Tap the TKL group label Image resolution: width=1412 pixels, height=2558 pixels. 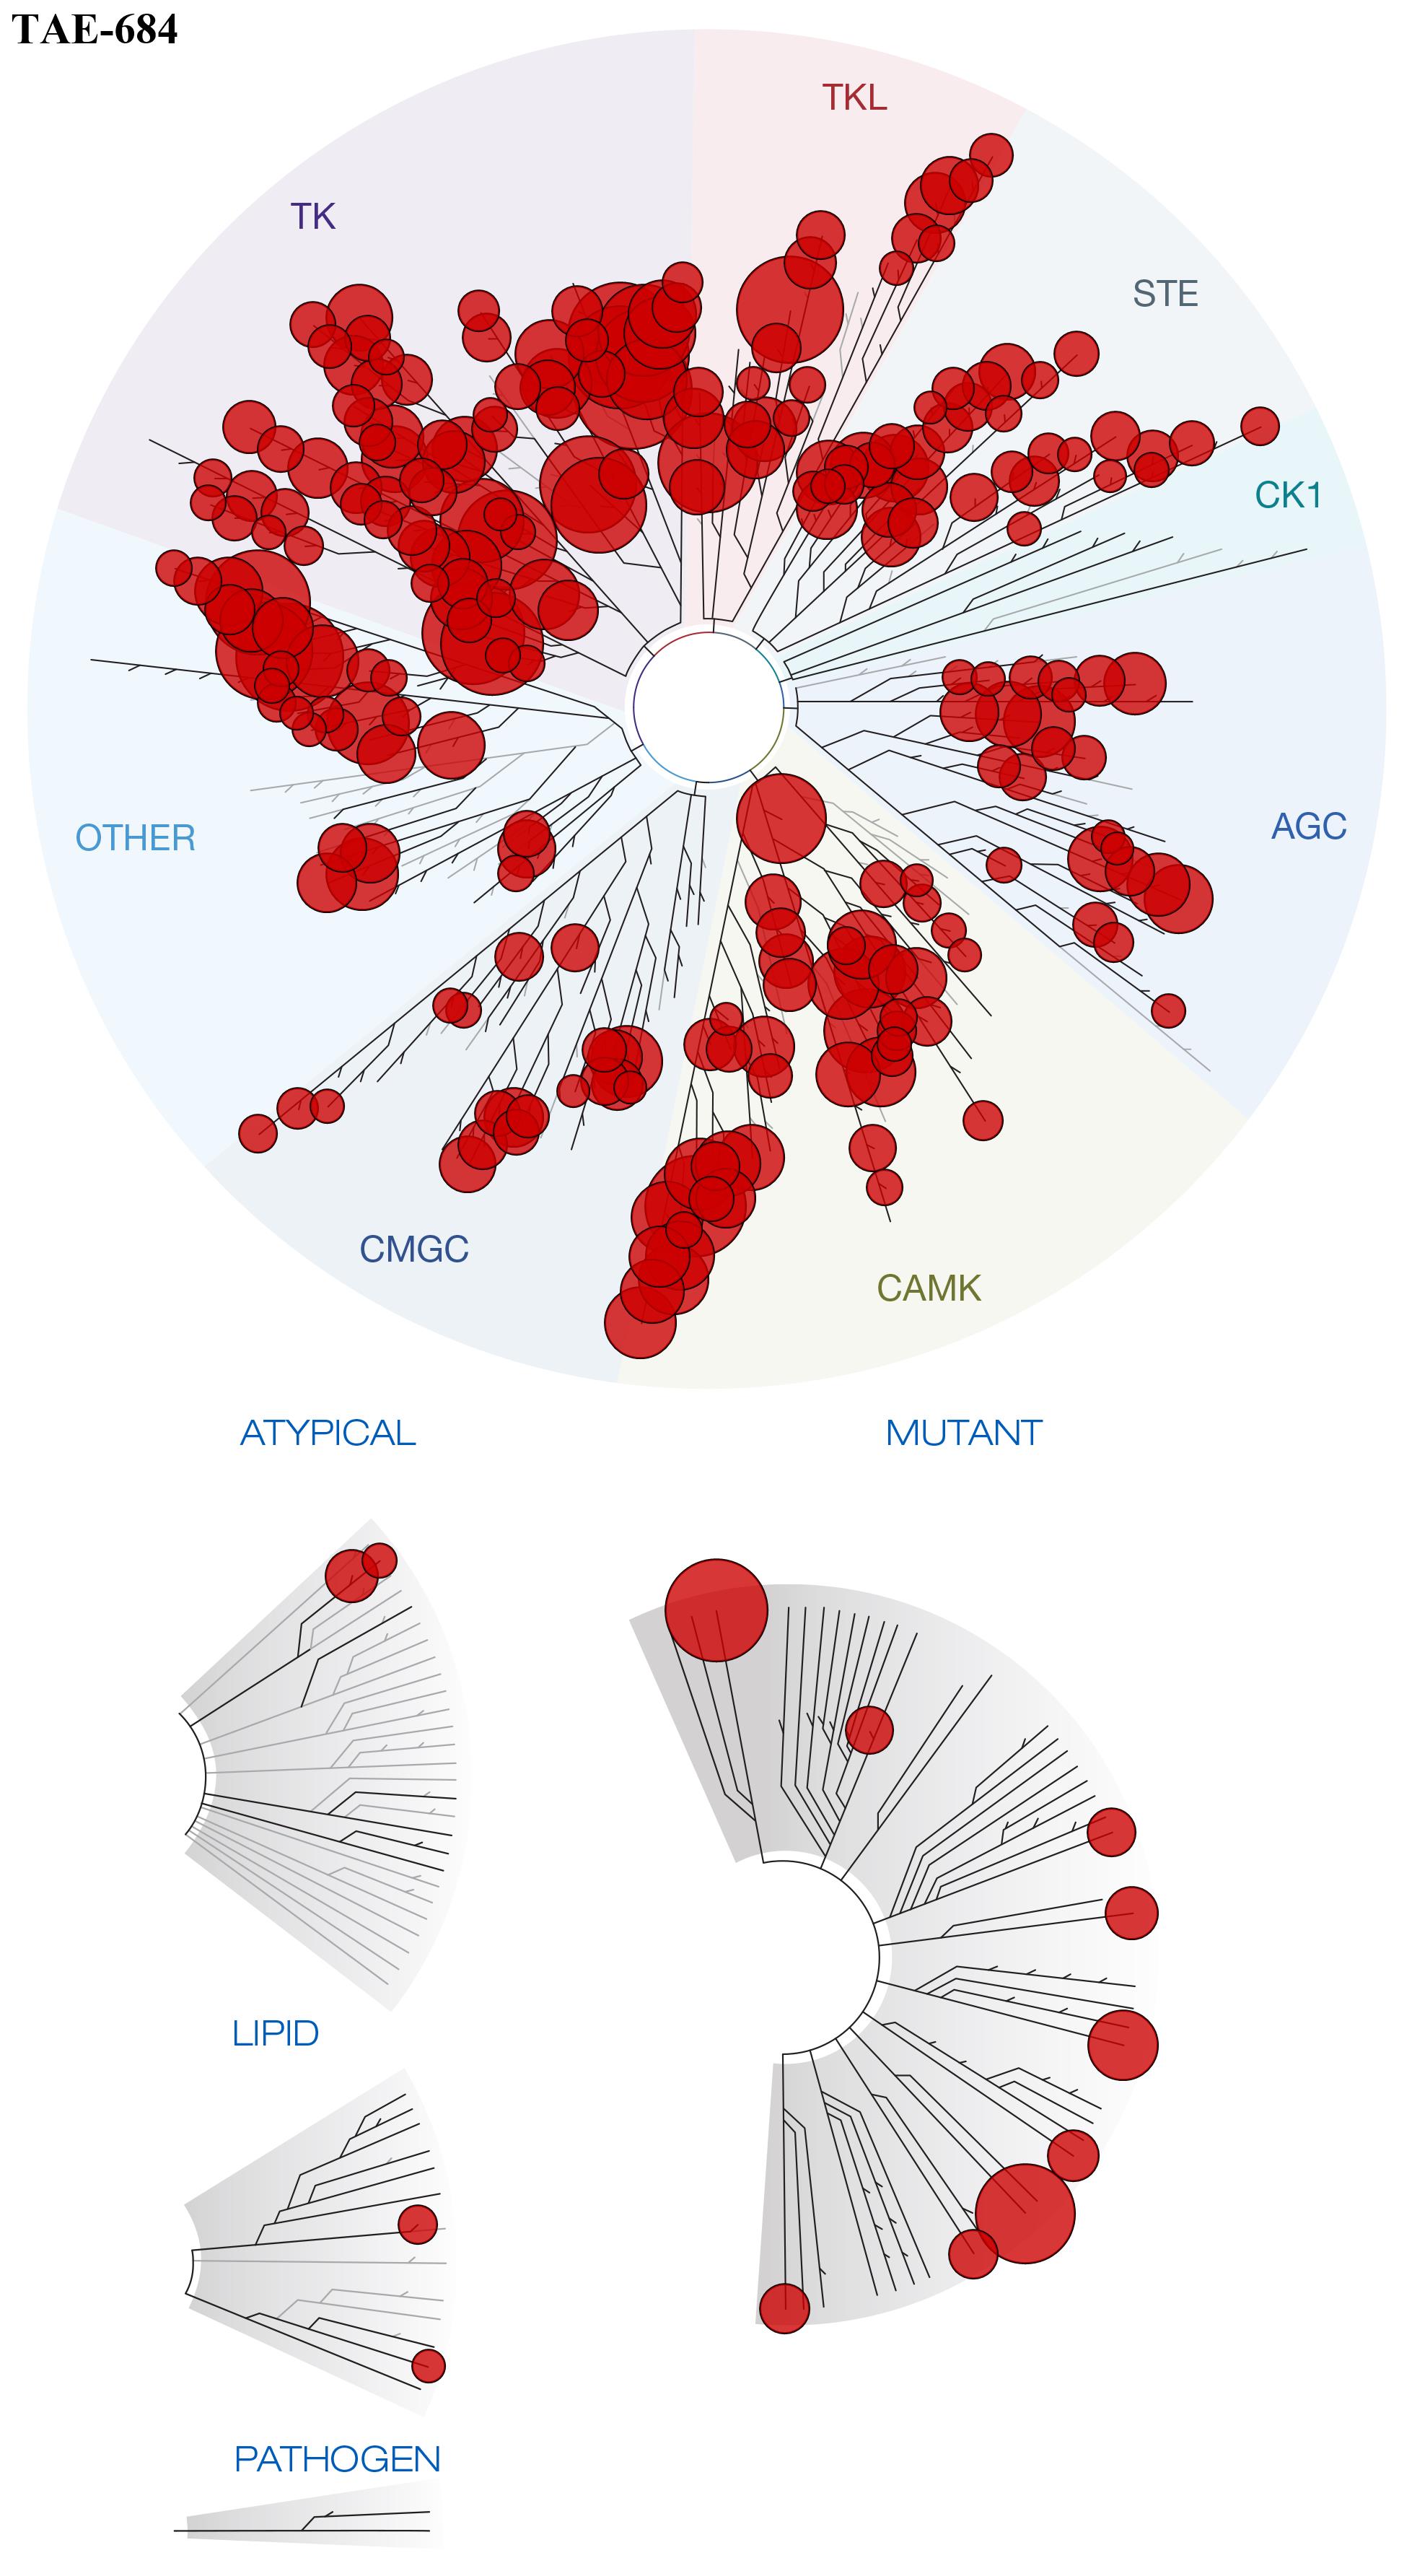854,97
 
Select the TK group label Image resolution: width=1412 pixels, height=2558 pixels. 313,216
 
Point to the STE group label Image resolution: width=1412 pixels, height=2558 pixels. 1165,294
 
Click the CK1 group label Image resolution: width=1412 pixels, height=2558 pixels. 1288,494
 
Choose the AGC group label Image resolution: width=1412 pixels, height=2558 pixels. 1309,826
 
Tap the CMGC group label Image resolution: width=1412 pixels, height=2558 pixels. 413,1248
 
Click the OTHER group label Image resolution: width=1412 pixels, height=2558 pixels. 135,838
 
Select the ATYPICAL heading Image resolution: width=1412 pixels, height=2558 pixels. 328,1433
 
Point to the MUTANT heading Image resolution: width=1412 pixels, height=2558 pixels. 963,1433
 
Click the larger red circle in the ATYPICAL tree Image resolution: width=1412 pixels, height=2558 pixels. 351,1576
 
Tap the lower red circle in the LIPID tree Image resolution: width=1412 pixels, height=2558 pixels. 429,2365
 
